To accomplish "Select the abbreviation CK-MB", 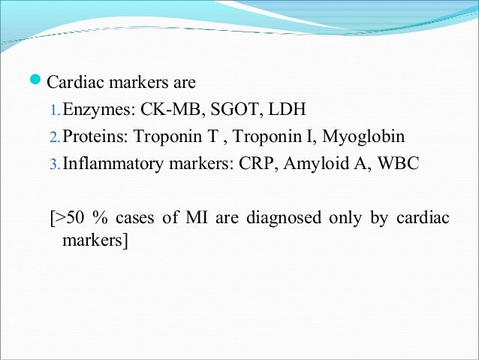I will [x=161, y=110].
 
